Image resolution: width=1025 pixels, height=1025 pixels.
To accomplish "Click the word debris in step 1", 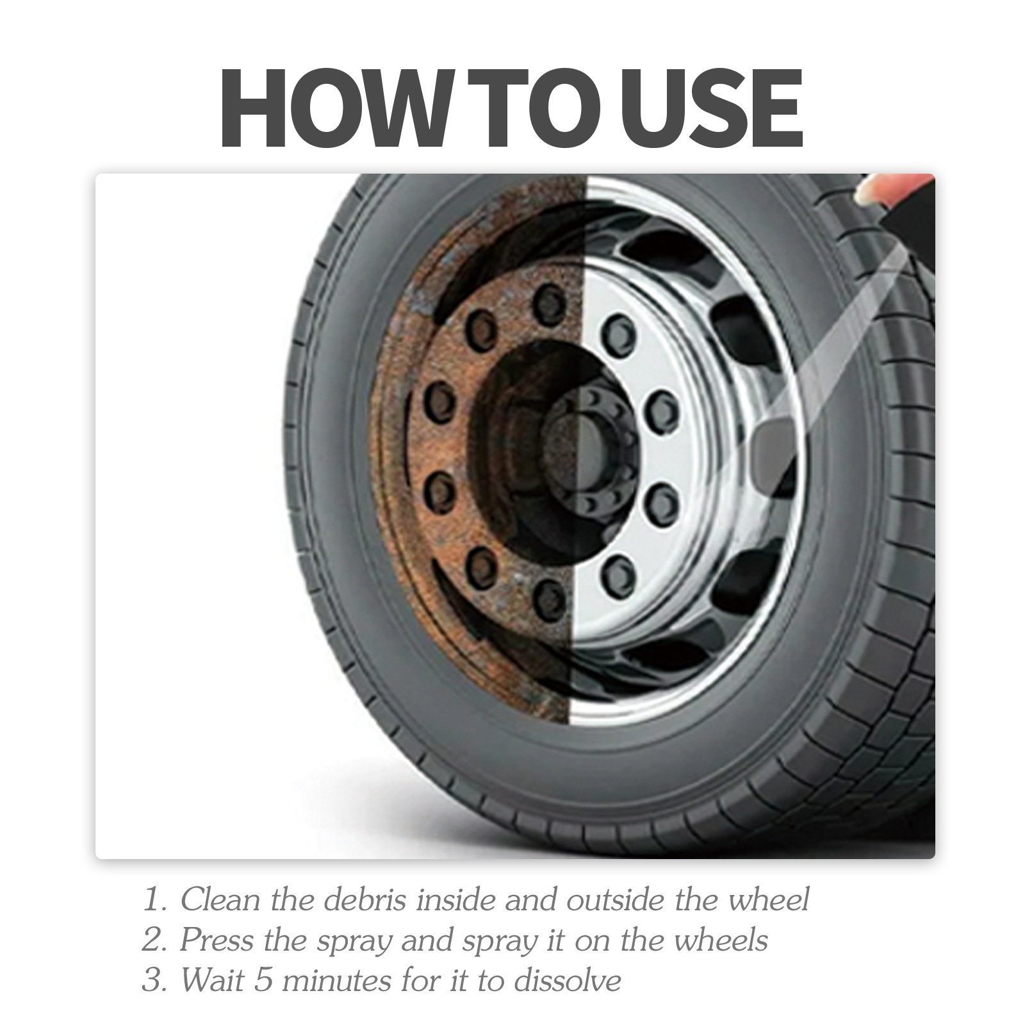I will click(x=365, y=899).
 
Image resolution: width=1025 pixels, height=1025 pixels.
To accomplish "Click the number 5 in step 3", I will click(x=263, y=980).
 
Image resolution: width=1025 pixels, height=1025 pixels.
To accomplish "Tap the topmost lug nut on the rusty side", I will click(x=549, y=306).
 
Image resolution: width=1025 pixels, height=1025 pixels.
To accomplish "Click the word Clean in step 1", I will click(x=217, y=899).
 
